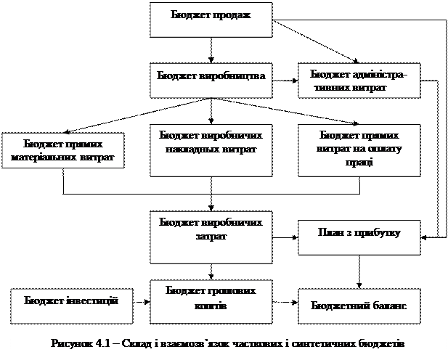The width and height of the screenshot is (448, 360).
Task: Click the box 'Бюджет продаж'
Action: tap(211, 20)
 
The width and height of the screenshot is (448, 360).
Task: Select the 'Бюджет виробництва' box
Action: tap(211, 80)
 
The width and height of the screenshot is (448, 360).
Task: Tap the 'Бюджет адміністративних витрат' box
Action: tap(359, 81)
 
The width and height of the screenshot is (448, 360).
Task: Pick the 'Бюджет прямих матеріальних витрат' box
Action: tap(62, 151)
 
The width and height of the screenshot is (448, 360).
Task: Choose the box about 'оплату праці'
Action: tap(359, 151)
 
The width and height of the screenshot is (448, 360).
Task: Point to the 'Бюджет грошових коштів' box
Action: tap(211, 299)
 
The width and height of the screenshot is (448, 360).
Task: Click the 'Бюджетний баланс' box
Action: tap(359, 305)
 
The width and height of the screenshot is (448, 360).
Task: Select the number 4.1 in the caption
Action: tap(106, 343)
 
